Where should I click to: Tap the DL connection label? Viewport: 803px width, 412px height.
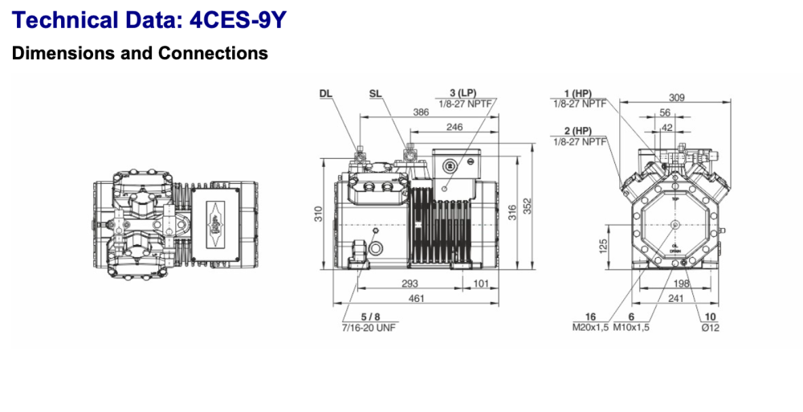tap(325, 94)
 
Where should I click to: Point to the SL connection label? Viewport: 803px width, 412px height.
tap(375, 94)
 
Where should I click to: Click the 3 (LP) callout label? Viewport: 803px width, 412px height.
tap(463, 94)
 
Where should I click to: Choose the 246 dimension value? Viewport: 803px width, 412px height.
tap(454, 127)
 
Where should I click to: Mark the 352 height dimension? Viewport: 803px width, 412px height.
tap(528, 206)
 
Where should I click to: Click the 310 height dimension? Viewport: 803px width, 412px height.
tap(319, 214)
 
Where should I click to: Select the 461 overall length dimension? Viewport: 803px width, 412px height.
tap(415, 299)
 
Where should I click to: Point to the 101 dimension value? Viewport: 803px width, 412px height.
tap(480, 284)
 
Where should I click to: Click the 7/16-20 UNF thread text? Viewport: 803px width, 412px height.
tap(369, 328)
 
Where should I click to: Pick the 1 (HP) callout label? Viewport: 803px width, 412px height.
tap(577, 94)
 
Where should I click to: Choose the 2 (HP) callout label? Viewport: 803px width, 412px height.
tap(577, 131)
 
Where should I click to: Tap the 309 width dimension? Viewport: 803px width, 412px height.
tap(677, 98)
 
